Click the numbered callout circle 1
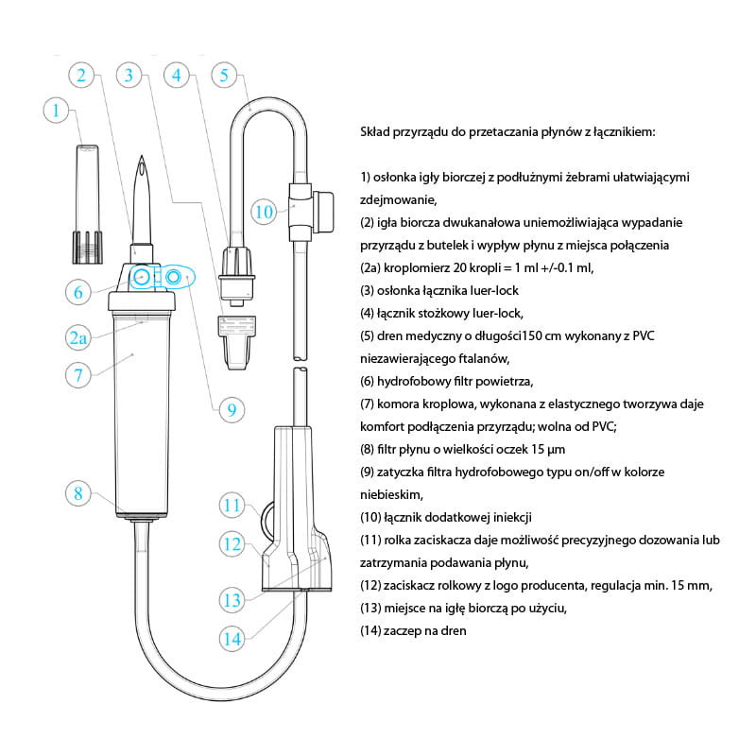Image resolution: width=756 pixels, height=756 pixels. click(x=56, y=111)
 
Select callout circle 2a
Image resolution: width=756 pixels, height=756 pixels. click(x=78, y=337)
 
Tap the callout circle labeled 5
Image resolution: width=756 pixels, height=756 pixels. click(x=224, y=76)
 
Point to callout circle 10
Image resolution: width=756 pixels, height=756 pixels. click(x=265, y=212)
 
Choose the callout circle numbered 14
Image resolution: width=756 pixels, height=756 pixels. click(x=232, y=639)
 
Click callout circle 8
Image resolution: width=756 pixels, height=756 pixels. click(x=78, y=493)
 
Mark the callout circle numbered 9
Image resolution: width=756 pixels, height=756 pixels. click(x=232, y=410)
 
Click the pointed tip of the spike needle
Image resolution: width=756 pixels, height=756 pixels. click(x=142, y=156)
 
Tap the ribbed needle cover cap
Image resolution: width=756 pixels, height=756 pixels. click(x=88, y=204)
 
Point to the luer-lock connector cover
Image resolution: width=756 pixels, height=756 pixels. click(x=237, y=342)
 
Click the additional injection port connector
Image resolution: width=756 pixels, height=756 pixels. click(x=311, y=212)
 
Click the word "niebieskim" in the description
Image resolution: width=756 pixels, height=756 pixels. click(x=391, y=494)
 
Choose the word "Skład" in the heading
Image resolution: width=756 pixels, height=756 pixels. click(x=375, y=131)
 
